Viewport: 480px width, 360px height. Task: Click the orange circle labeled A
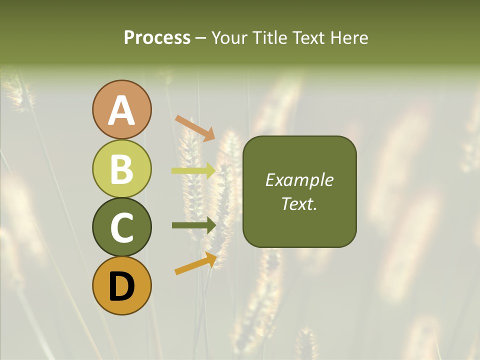point(121,110)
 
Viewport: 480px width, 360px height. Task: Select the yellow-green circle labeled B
point(121,168)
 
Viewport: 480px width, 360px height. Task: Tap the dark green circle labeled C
point(121,227)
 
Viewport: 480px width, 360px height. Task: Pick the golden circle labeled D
point(121,285)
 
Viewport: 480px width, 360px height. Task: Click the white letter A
point(122,110)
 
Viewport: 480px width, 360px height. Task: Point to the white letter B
point(122,169)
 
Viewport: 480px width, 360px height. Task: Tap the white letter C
point(122,227)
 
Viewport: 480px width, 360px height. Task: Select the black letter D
point(122,286)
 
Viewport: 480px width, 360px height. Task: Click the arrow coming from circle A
point(195,128)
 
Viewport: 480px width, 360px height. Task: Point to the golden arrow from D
point(195,263)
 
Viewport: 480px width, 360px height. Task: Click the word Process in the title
point(157,37)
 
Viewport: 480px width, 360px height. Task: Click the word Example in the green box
point(299,180)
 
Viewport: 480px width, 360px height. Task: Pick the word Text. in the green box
point(299,203)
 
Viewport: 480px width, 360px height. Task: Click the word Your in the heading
point(230,37)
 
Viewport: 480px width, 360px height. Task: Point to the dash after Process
point(201,38)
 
